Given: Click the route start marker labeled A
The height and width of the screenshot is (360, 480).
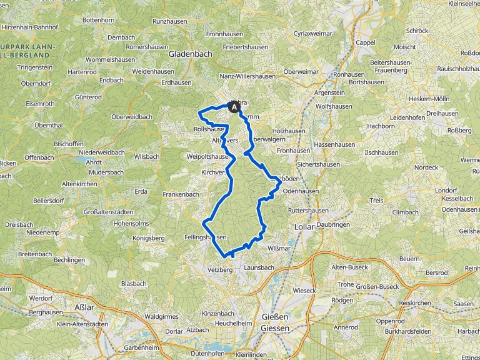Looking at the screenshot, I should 236,107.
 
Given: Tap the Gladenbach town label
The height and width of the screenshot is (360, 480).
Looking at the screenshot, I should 190,54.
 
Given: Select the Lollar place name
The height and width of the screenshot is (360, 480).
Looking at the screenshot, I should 304,227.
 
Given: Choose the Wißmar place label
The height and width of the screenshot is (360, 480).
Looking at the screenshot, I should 279,248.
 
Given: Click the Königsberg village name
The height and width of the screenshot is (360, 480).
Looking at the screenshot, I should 149,238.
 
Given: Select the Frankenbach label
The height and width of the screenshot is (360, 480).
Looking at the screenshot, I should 181,194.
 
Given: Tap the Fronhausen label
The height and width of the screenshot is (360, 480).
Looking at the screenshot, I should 293,151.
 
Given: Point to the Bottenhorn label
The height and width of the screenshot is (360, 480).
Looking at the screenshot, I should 98,20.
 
